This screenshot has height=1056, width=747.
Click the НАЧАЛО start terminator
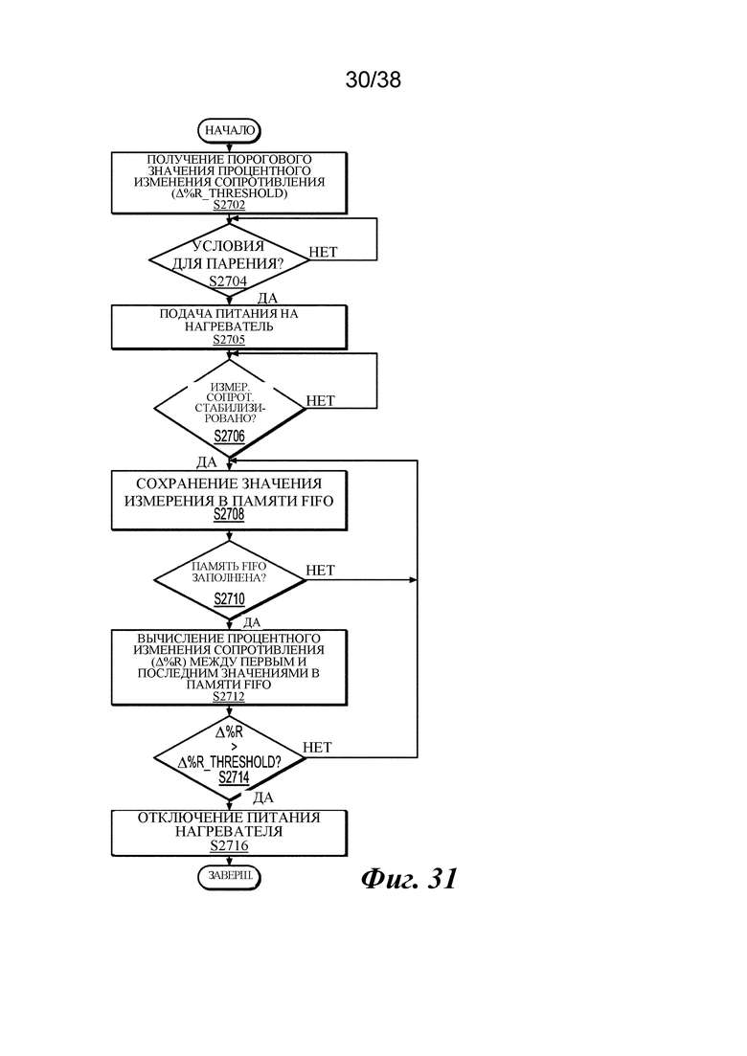pyautogui.click(x=229, y=130)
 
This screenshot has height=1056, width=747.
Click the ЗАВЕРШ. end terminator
pyautogui.click(x=229, y=877)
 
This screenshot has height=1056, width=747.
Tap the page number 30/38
pyautogui.click(x=373, y=79)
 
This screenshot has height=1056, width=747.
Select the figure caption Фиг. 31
pyautogui.click(x=410, y=878)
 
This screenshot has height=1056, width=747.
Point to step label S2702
pyautogui.click(x=229, y=205)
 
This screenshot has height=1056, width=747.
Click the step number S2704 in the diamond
pyautogui.click(x=228, y=281)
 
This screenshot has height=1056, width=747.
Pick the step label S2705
pyautogui.click(x=229, y=340)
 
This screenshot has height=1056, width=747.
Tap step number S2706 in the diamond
pyautogui.click(x=229, y=437)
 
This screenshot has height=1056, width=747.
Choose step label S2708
pyautogui.click(x=229, y=514)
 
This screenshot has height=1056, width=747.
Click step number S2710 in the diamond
pyautogui.click(x=229, y=598)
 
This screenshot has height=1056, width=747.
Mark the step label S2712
pyautogui.click(x=229, y=696)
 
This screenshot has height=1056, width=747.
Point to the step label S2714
pyautogui.click(x=234, y=777)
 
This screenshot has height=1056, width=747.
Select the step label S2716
pyautogui.click(x=229, y=846)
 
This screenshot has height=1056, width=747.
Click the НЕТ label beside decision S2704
pyautogui.click(x=323, y=252)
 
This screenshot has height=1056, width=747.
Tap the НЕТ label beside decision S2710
pyautogui.click(x=320, y=570)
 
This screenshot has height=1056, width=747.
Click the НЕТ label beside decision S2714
pyautogui.click(x=317, y=747)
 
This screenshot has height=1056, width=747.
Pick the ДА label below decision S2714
pyautogui.click(x=262, y=798)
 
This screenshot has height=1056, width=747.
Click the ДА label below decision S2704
pyautogui.click(x=267, y=298)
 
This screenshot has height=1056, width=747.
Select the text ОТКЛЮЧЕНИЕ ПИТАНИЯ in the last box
pyautogui.click(x=229, y=817)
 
